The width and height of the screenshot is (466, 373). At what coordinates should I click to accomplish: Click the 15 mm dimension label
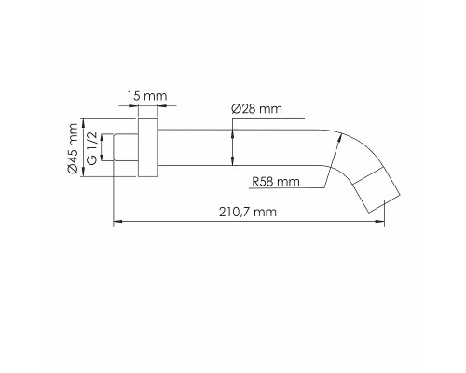tap(147, 97)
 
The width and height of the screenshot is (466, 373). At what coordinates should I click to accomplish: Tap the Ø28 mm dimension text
tap(255, 110)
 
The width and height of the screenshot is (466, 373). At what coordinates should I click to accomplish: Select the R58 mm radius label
tap(275, 182)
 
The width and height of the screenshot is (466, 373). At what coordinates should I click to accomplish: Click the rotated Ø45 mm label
tap(72, 148)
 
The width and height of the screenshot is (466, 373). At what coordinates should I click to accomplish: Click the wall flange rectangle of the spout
tap(147, 148)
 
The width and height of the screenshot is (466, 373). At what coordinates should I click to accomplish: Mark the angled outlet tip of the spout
tap(383, 192)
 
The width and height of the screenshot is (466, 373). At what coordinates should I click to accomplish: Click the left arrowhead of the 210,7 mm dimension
tap(116, 223)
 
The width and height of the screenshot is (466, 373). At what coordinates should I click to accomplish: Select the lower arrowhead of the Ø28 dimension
tap(231, 165)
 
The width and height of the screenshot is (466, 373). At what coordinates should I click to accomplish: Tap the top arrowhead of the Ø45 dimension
tap(83, 121)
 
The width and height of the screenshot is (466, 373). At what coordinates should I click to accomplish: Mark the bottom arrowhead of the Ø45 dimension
tap(83, 173)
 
